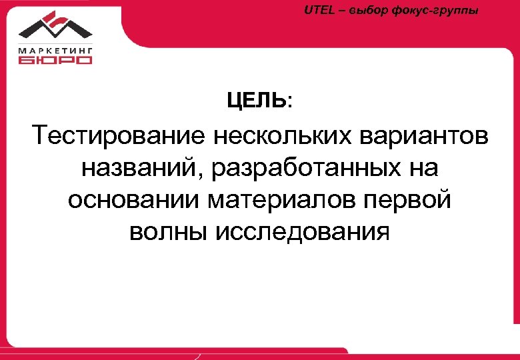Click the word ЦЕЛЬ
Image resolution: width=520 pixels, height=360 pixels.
pyautogui.click(x=257, y=101)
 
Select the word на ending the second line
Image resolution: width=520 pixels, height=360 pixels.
pyautogui.click(x=425, y=169)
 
